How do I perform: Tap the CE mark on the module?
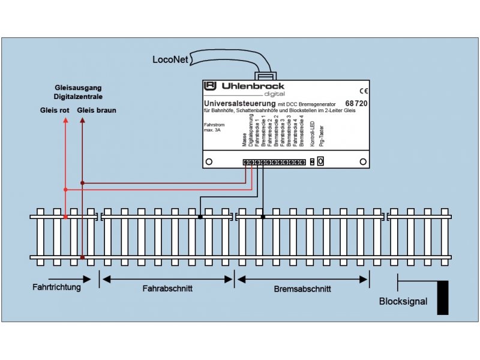coord(363,91)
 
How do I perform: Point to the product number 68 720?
coord(356,104)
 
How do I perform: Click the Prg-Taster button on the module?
coord(321,161)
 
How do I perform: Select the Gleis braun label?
coord(97,110)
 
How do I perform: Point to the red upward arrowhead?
coord(65,121)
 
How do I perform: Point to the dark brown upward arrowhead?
coord(82,121)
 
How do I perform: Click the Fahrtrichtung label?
coord(56,287)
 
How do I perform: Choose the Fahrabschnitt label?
coord(167,288)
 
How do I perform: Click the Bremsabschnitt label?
coord(302,288)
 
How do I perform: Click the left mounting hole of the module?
coord(209,162)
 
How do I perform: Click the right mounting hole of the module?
coord(362,162)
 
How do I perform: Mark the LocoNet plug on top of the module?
coord(264,77)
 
